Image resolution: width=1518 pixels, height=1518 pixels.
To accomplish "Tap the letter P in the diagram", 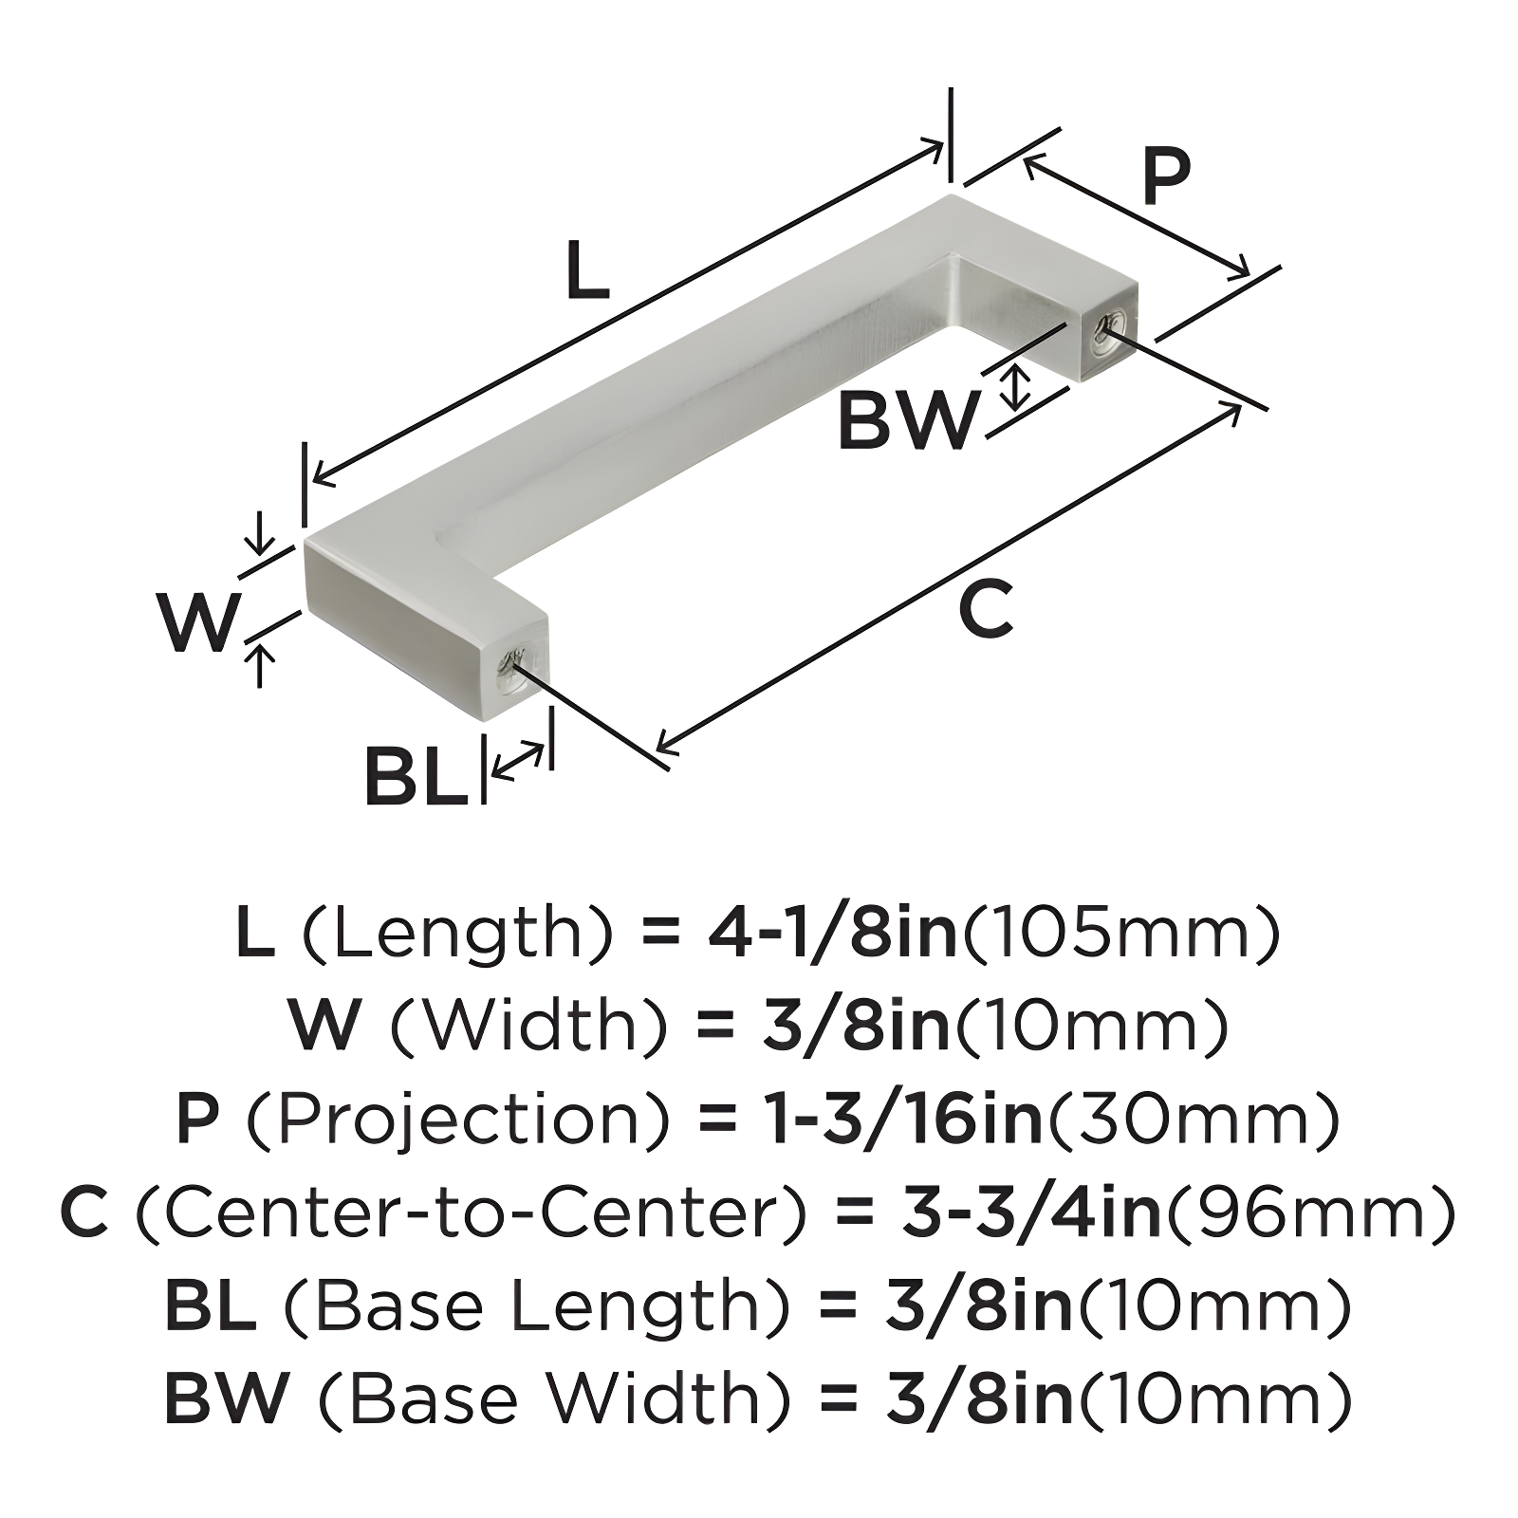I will click(x=1165, y=176).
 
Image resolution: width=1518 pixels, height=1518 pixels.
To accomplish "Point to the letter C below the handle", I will click(x=986, y=610).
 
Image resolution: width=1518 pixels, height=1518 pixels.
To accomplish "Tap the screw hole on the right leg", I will click(x=1104, y=332).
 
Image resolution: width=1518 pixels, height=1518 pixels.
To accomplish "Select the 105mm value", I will click(x=1122, y=934).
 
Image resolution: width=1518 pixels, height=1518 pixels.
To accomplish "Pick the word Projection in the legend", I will click(x=461, y=1120).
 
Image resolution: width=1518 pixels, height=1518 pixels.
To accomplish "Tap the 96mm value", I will click(x=1310, y=1213).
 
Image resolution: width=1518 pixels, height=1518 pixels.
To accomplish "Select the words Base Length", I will click(x=537, y=1306).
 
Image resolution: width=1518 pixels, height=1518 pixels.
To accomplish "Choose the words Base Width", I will click(x=555, y=1399).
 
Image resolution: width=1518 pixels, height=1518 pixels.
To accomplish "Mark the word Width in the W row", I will click(x=527, y=1027).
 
